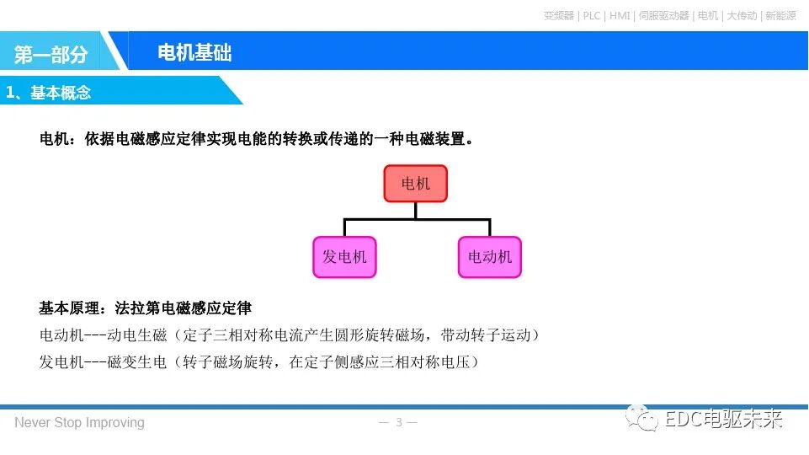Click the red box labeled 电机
point(415,184)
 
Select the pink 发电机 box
point(344,257)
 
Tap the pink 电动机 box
point(490,257)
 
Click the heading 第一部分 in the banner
point(51,55)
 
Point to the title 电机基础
point(194,53)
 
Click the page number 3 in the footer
point(399,422)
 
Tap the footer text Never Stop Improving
point(79,422)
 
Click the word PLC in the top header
point(591,15)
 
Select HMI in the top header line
point(620,15)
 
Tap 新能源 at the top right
point(780,15)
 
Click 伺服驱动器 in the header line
point(664,15)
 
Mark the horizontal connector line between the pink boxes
point(417,220)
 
